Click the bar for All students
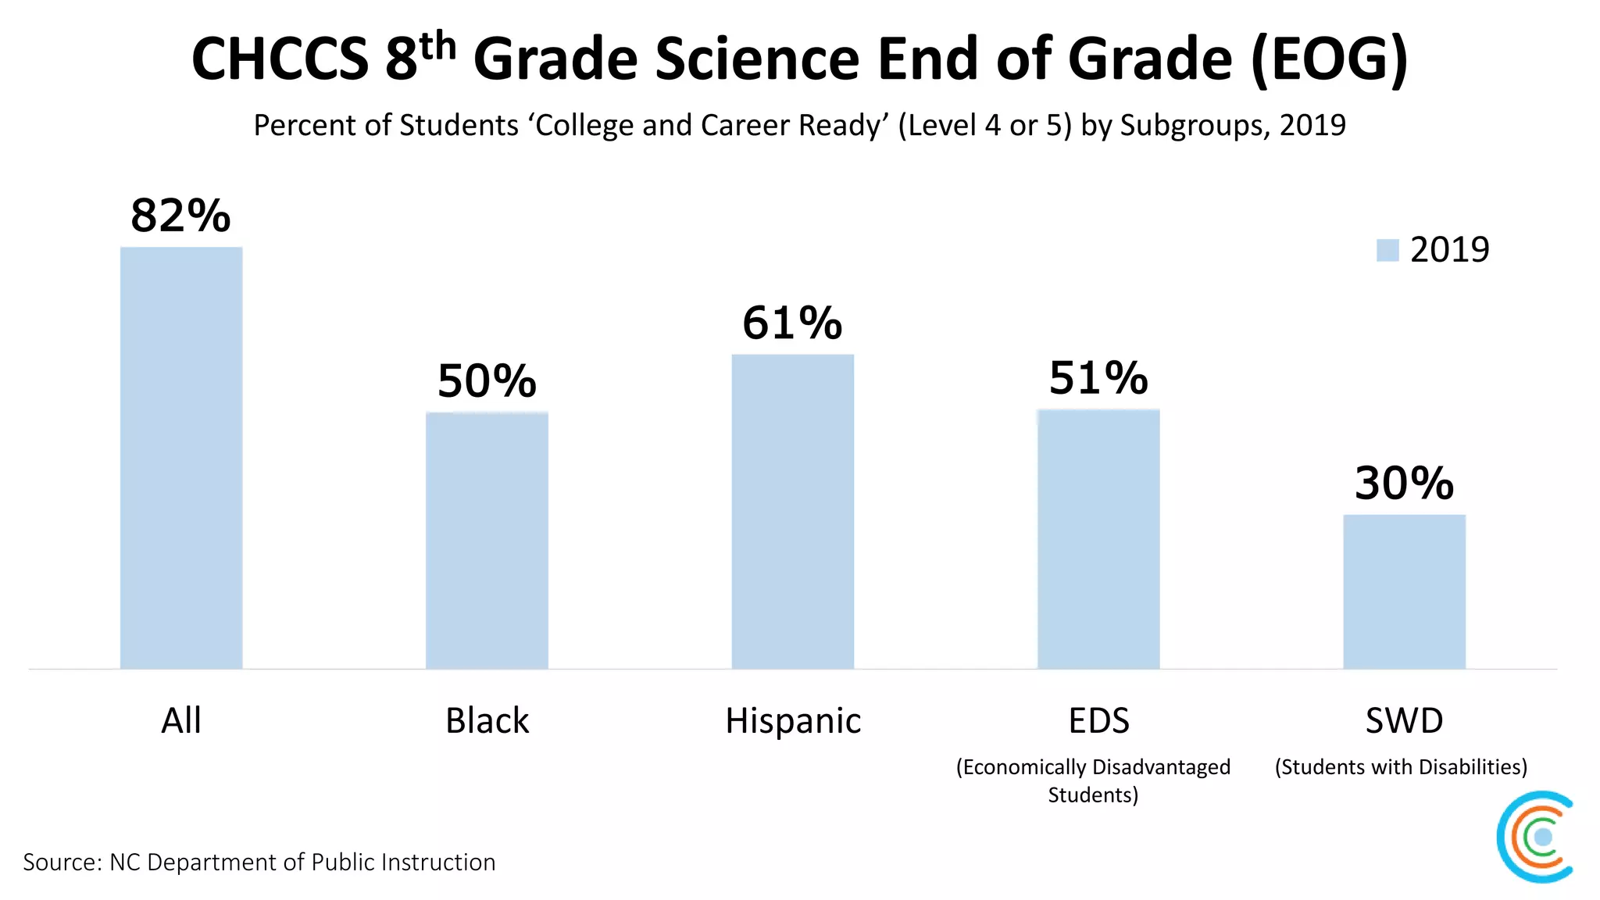(181, 458)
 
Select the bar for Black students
(487, 540)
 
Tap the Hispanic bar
(792, 512)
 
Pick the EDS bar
(1098, 539)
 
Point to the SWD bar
(1404, 591)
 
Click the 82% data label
(180, 216)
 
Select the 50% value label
(487, 381)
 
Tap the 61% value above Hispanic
(792, 323)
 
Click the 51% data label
(1098, 378)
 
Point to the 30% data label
(1404, 483)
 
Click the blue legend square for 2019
(1387, 250)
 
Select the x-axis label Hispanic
(793, 720)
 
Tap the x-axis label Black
(487, 720)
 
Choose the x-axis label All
(181, 720)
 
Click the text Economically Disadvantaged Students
(1093, 780)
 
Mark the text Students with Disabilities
(1401, 767)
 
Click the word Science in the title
(757, 59)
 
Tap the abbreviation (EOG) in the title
(1329, 59)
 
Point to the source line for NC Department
(259, 862)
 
